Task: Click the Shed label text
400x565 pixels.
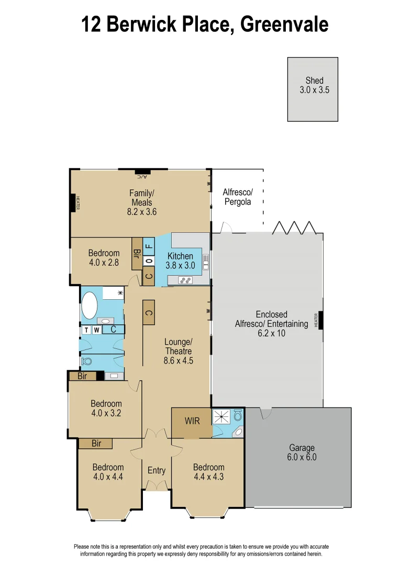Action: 314,81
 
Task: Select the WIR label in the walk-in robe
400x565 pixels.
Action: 192,421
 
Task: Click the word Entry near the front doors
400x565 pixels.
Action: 156,470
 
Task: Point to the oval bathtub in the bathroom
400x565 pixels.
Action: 89,306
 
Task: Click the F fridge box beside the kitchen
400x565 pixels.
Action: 149,244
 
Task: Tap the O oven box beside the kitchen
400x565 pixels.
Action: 149,261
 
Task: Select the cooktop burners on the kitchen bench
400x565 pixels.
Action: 186,280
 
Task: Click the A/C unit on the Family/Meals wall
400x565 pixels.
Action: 142,172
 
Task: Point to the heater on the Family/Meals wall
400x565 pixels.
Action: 73,203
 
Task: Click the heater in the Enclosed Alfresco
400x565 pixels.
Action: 320,320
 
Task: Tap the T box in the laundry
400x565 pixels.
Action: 85,330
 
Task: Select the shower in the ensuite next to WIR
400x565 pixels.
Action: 222,417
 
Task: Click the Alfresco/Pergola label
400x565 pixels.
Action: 237,197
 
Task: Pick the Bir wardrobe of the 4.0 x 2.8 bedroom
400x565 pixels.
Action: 137,254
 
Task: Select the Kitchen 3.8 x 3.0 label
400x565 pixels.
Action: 181,261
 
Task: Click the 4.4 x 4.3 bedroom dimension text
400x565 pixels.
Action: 208,477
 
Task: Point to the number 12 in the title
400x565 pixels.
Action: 92,24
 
